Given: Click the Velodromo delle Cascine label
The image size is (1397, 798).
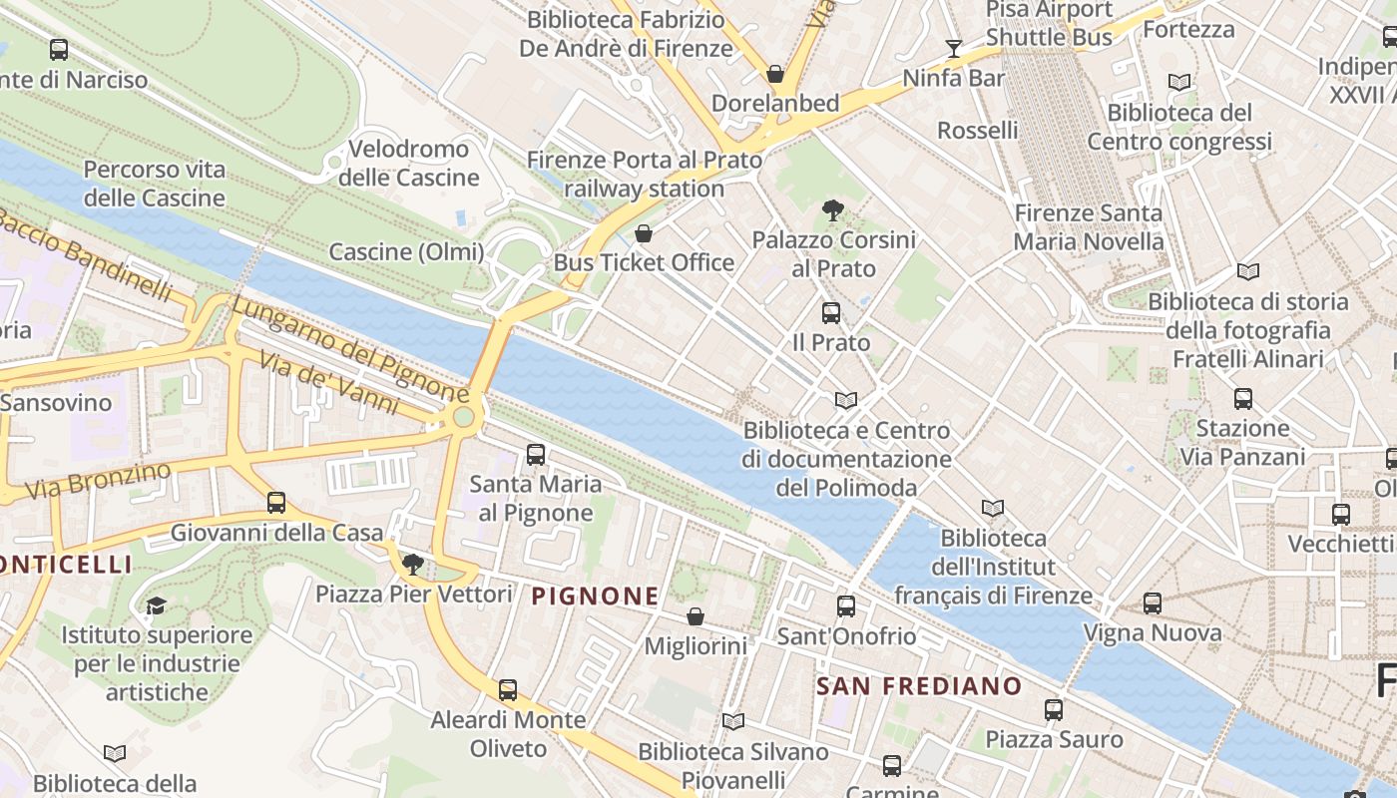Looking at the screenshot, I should click(x=409, y=164).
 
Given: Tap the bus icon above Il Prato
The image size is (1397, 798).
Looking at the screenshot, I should click(x=830, y=313).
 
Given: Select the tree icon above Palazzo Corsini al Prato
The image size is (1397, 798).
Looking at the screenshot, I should click(x=832, y=210).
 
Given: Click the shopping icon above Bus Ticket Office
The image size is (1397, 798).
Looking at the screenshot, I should click(x=644, y=234).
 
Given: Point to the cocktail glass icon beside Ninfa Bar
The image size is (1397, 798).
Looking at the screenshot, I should click(x=954, y=48).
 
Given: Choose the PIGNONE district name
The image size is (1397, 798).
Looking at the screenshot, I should click(x=595, y=597).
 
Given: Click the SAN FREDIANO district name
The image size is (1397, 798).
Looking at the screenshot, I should click(x=919, y=686).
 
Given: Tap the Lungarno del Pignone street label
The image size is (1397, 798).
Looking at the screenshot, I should click(x=349, y=351).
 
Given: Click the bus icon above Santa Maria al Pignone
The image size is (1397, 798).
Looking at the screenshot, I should click(x=536, y=455).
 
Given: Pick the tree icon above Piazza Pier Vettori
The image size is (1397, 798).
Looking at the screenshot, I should click(x=412, y=566).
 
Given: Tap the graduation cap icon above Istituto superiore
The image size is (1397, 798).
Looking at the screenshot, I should click(x=156, y=605).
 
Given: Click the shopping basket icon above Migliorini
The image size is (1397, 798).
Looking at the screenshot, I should click(x=696, y=617).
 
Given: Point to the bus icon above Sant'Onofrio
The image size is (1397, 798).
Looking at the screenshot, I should click(x=846, y=605).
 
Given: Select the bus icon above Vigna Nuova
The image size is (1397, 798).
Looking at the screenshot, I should click(x=1153, y=602).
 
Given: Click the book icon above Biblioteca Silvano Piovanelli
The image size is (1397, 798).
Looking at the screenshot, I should click(x=733, y=721).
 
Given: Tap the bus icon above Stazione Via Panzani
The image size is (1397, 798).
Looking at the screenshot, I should click(x=1243, y=399).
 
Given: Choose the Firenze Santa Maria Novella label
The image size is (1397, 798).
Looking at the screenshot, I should click(x=1088, y=227).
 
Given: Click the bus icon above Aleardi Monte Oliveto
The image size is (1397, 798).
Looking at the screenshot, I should click(x=508, y=689).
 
